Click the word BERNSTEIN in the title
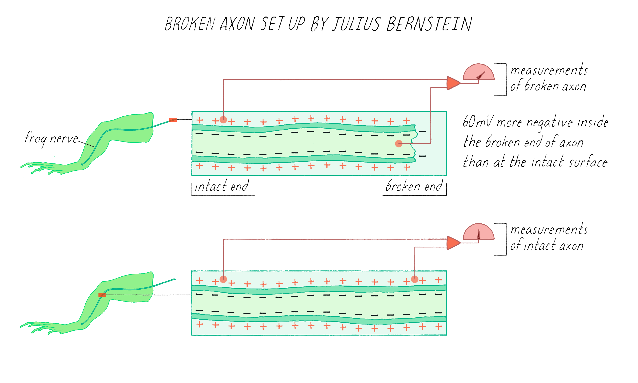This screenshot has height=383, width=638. pos(429,24)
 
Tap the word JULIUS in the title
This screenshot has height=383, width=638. pos(356,24)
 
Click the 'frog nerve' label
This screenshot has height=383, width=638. pos(51,139)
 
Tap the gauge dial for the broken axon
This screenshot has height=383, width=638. pos(478,73)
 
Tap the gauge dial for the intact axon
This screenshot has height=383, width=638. pos(478,232)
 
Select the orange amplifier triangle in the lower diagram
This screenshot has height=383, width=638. pos(452,243)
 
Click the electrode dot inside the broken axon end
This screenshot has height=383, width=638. pos(399,143)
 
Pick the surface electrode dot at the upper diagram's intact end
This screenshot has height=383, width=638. pos(223,120)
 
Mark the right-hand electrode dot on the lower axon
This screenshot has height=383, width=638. pos(414,279)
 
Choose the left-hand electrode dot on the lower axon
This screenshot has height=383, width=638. pos(223,279)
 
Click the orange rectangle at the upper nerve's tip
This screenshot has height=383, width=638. pos(173,120)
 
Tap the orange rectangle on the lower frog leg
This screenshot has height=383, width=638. pos(102,295)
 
